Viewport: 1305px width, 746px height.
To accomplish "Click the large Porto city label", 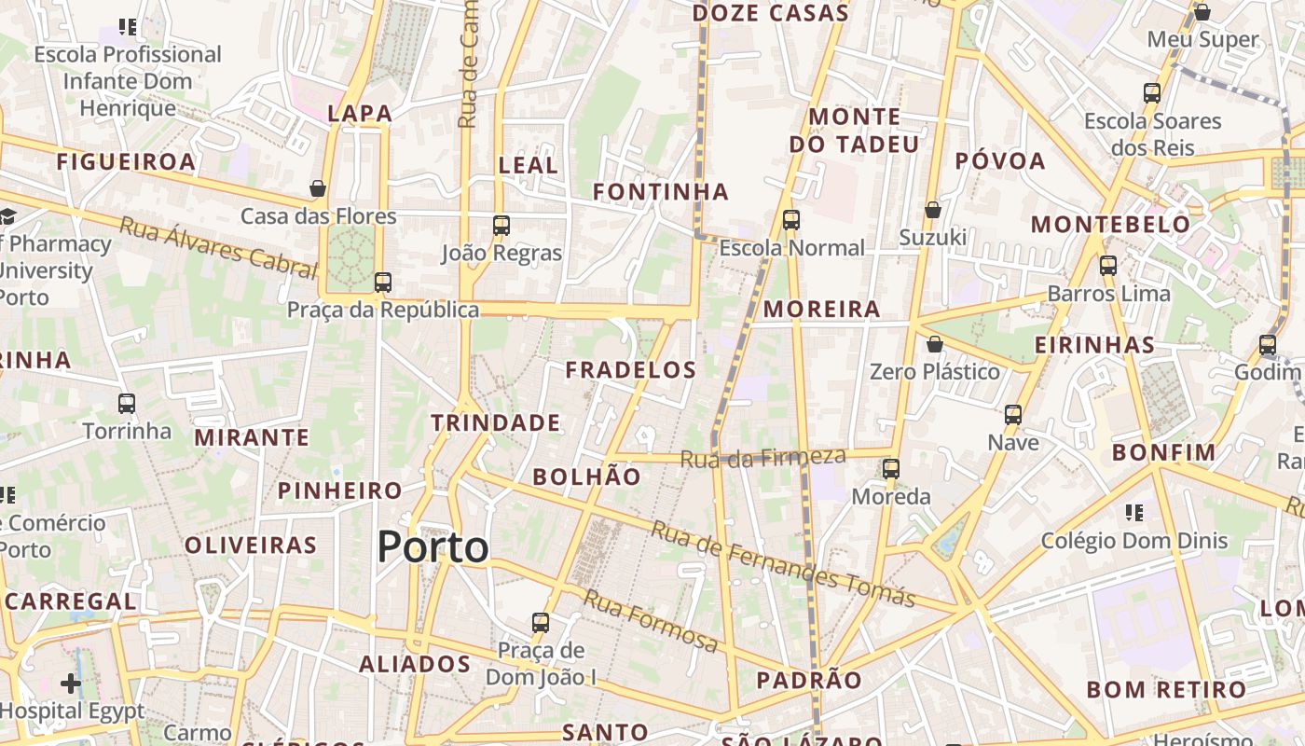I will pyautogui.click(x=433, y=547).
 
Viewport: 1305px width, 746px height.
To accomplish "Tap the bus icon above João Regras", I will pyautogui.click(x=501, y=225).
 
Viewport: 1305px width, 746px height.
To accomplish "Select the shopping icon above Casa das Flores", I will pyautogui.click(x=318, y=188).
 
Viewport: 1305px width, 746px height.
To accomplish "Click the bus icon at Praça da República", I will pyautogui.click(x=382, y=282).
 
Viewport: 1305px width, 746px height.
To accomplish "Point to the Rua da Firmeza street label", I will pyautogui.click(x=762, y=457).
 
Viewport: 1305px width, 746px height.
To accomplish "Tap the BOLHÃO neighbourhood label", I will pyautogui.click(x=586, y=477).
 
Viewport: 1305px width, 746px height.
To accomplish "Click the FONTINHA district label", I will pyautogui.click(x=661, y=192).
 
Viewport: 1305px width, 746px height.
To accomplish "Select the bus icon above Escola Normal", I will pyautogui.click(x=791, y=220).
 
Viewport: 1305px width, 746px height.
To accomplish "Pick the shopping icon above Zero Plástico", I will pyautogui.click(x=935, y=344).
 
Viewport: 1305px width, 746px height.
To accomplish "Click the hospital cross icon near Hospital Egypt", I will pyautogui.click(x=71, y=684).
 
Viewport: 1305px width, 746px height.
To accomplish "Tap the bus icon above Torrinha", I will pyautogui.click(x=127, y=404).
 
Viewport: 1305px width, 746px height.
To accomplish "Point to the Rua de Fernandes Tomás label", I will pyautogui.click(x=783, y=563).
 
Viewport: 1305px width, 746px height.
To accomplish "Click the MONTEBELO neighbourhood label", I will pyautogui.click(x=1110, y=225).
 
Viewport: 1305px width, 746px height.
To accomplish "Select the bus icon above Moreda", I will pyautogui.click(x=891, y=468).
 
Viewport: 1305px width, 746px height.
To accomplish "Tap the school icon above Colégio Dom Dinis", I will pyautogui.click(x=1134, y=512).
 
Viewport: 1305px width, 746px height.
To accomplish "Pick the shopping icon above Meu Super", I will pyautogui.click(x=1202, y=12).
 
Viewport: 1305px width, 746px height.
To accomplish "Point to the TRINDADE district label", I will pyautogui.click(x=496, y=423).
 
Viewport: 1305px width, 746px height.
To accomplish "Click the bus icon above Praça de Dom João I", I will pyautogui.click(x=541, y=622).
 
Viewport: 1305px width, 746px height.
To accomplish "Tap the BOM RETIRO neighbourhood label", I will pyautogui.click(x=1166, y=690).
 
